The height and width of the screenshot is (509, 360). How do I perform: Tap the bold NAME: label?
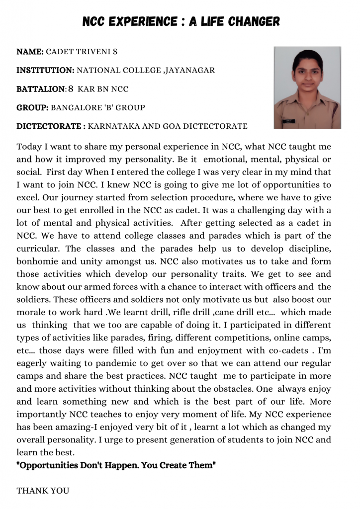coord(30,52)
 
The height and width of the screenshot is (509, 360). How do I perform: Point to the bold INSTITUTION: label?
coord(46,70)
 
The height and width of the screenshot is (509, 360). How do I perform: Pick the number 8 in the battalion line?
coord(71,89)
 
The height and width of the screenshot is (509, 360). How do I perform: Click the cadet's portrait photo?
coord(307,87)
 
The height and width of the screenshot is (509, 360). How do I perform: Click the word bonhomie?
coord(39,261)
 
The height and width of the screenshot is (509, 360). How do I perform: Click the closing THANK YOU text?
coord(43,490)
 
